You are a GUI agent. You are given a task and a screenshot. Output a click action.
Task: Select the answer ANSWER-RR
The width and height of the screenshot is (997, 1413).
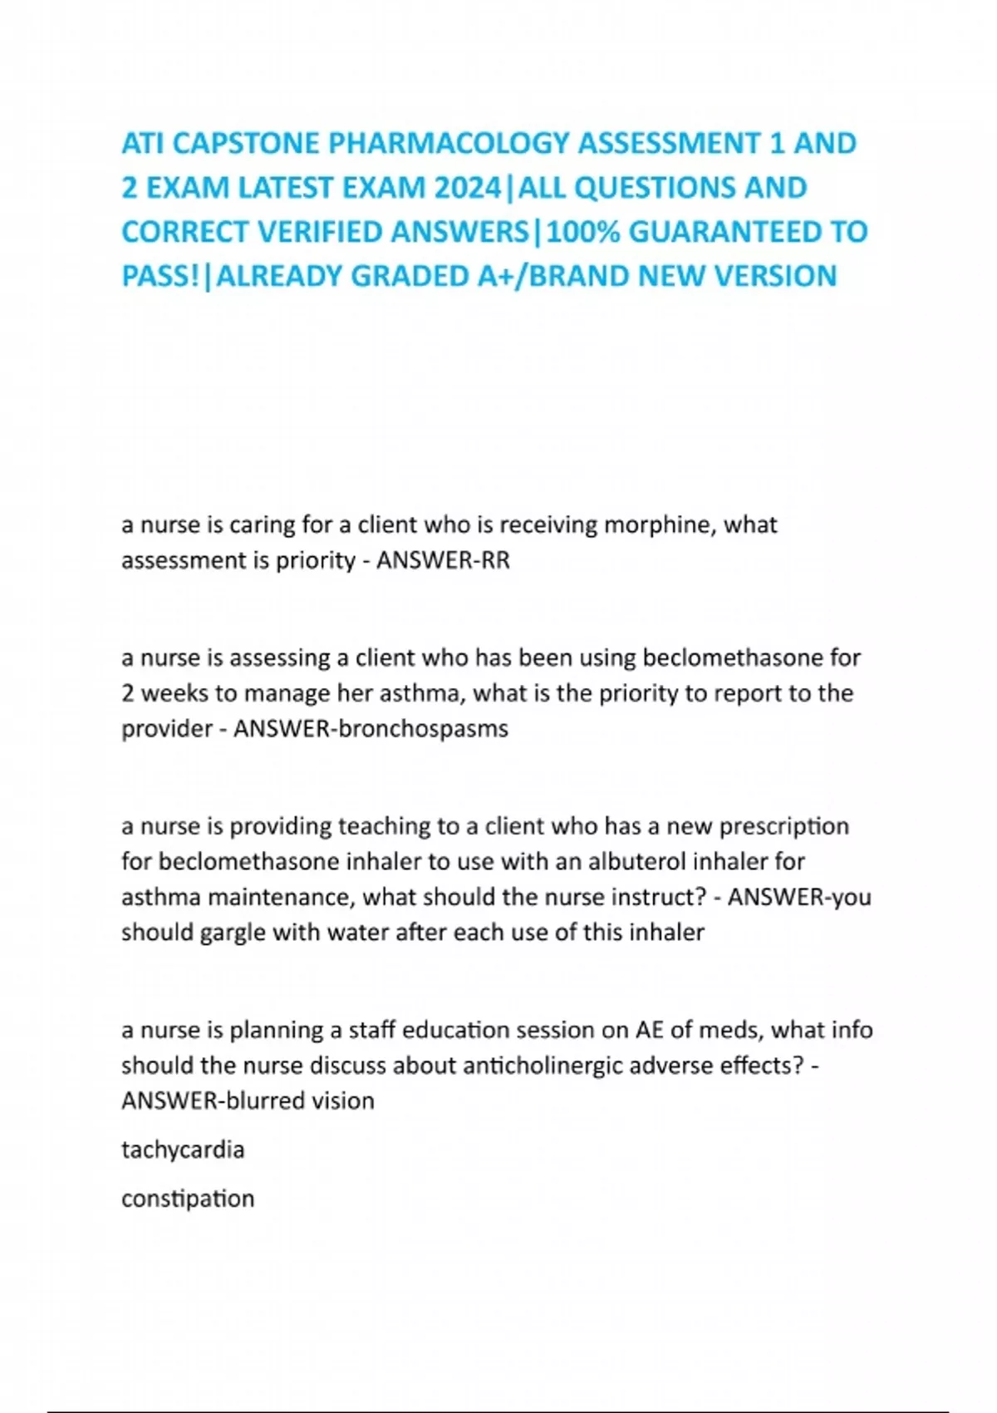click(x=443, y=561)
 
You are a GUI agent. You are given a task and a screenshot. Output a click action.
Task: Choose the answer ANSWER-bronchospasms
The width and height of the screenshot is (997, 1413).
click(x=371, y=729)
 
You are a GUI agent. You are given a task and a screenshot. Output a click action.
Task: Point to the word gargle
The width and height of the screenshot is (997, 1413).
click(x=233, y=933)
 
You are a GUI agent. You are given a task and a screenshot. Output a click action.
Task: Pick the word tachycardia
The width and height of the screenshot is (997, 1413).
click(x=183, y=1150)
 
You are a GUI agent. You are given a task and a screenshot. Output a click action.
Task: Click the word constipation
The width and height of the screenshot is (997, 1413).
click(x=188, y=1199)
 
